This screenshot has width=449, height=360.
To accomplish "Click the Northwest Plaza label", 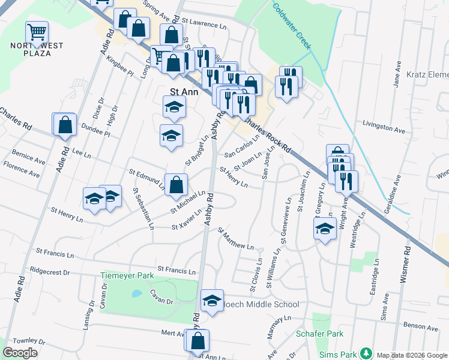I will coord(37,50).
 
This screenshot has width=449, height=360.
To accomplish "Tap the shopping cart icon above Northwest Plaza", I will coord(37,32).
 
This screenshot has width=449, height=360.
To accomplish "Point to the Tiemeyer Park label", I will coord(127,276).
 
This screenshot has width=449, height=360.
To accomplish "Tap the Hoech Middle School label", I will coord(261,305).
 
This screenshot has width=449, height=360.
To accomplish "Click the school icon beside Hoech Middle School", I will coord(211,300).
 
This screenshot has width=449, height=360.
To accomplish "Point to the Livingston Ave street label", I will coord(384,128).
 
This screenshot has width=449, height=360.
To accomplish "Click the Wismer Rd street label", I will coord(406,264).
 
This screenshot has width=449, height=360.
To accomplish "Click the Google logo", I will coord(20,352).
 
